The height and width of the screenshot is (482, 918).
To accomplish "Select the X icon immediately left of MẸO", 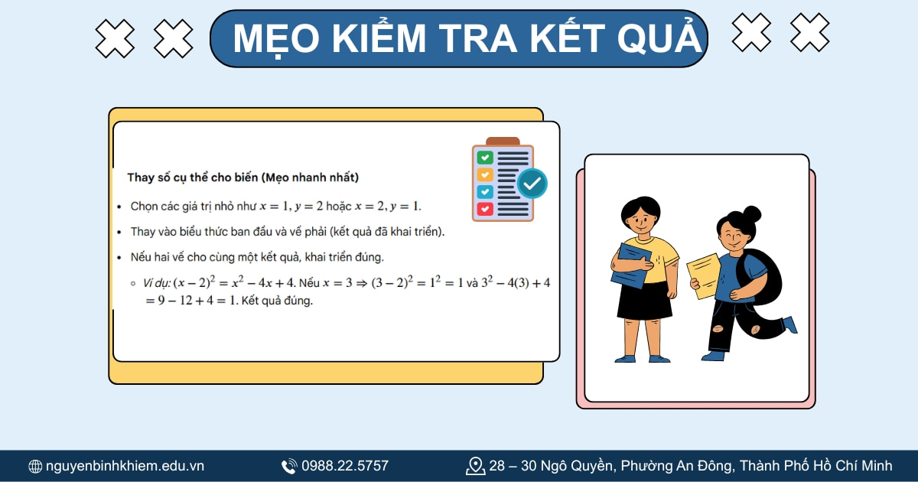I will pyautogui.click(x=174, y=38).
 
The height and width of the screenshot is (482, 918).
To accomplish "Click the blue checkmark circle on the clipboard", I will pyautogui.click(x=532, y=184).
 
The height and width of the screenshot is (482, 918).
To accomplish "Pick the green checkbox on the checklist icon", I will pyautogui.click(x=485, y=158).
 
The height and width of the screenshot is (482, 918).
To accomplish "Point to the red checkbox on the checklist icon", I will pyautogui.click(x=485, y=208).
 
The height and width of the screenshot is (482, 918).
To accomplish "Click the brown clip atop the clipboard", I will pyautogui.click(x=503, y=142).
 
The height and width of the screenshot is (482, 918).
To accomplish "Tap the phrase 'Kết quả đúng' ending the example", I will pyautogui.click(x=277, y=301).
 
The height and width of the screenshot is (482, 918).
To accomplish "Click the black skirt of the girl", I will pyautogui.click(x=644, y=300).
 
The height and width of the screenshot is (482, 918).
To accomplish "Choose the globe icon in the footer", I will pyautogui.click(x=35, y=466).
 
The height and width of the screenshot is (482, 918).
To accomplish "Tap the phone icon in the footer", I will pyautogui.click(x=289, y=466).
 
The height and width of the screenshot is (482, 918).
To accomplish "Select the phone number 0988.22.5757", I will pyautogui.click(x=345, y=466).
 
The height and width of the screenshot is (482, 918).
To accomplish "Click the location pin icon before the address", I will pyautogui.click(x=476, y=466).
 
